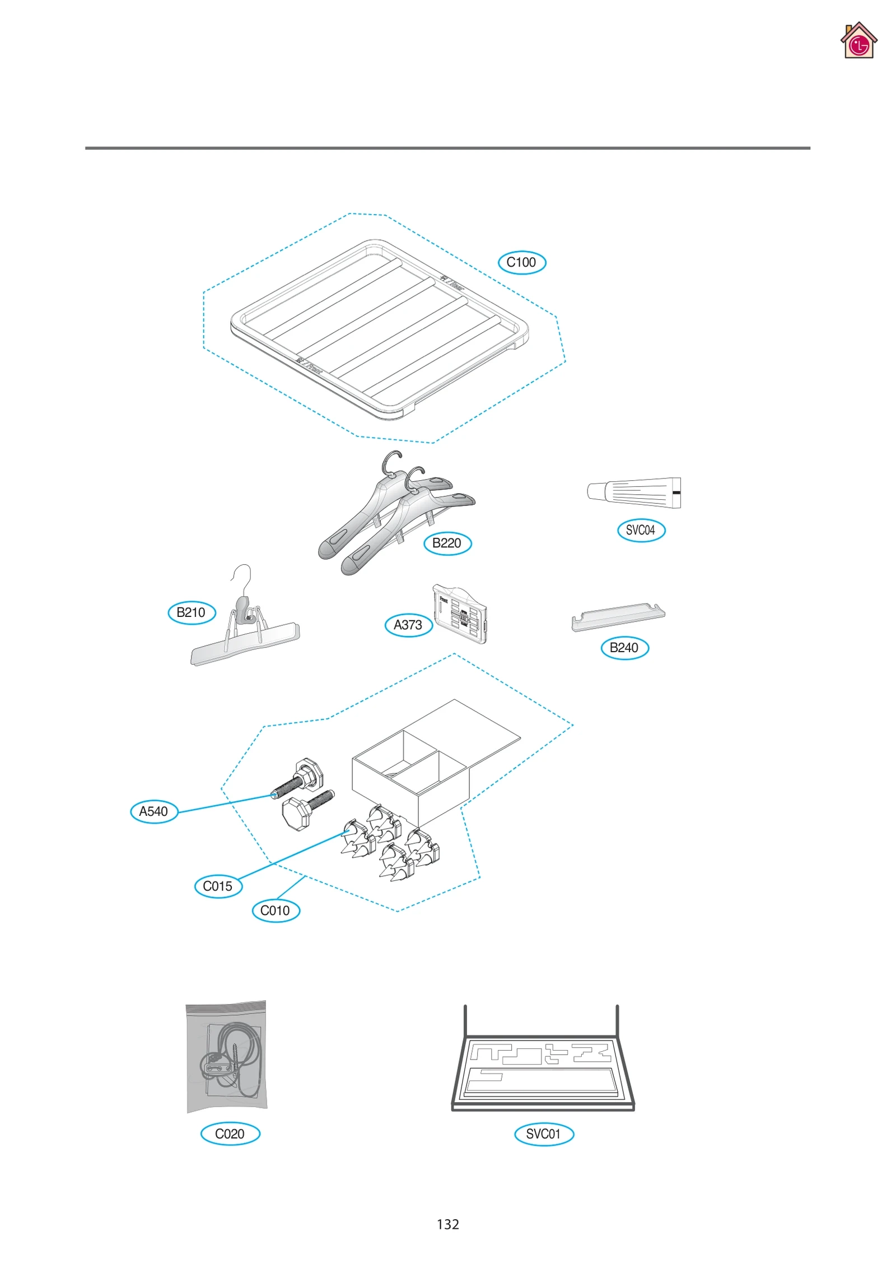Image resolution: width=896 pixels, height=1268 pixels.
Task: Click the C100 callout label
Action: (x=521, y=262)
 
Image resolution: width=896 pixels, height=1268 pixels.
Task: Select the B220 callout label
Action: (x=447, y=543)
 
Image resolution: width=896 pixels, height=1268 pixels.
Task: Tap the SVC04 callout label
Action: (x=641, y=530)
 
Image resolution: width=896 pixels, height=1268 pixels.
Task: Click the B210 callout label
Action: (x=192, y=612)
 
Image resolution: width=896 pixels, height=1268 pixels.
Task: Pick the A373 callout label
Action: (x=408, y=625)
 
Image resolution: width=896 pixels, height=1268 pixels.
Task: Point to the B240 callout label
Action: (x=624, y=648)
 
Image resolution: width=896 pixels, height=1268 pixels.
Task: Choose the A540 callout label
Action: (x=153, y=811)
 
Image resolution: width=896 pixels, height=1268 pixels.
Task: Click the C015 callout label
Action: (x=218, y=886)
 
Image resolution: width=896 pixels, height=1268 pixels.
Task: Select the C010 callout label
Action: (x=276, y=911)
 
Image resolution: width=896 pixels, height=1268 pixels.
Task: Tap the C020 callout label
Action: (x=230, y=1134)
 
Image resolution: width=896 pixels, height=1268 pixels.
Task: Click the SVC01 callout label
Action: (x=544, y=1134)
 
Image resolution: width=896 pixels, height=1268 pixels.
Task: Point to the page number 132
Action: (x=447, y=1224)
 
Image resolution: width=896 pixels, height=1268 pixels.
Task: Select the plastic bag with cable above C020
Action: (x=226, y=1056)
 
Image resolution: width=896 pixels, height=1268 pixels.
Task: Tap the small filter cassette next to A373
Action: (x=460, y=614)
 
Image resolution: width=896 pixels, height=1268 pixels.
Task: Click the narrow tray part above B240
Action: (x=618, y=617)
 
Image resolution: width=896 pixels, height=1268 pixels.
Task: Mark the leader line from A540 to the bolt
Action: (x=224, y=803)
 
